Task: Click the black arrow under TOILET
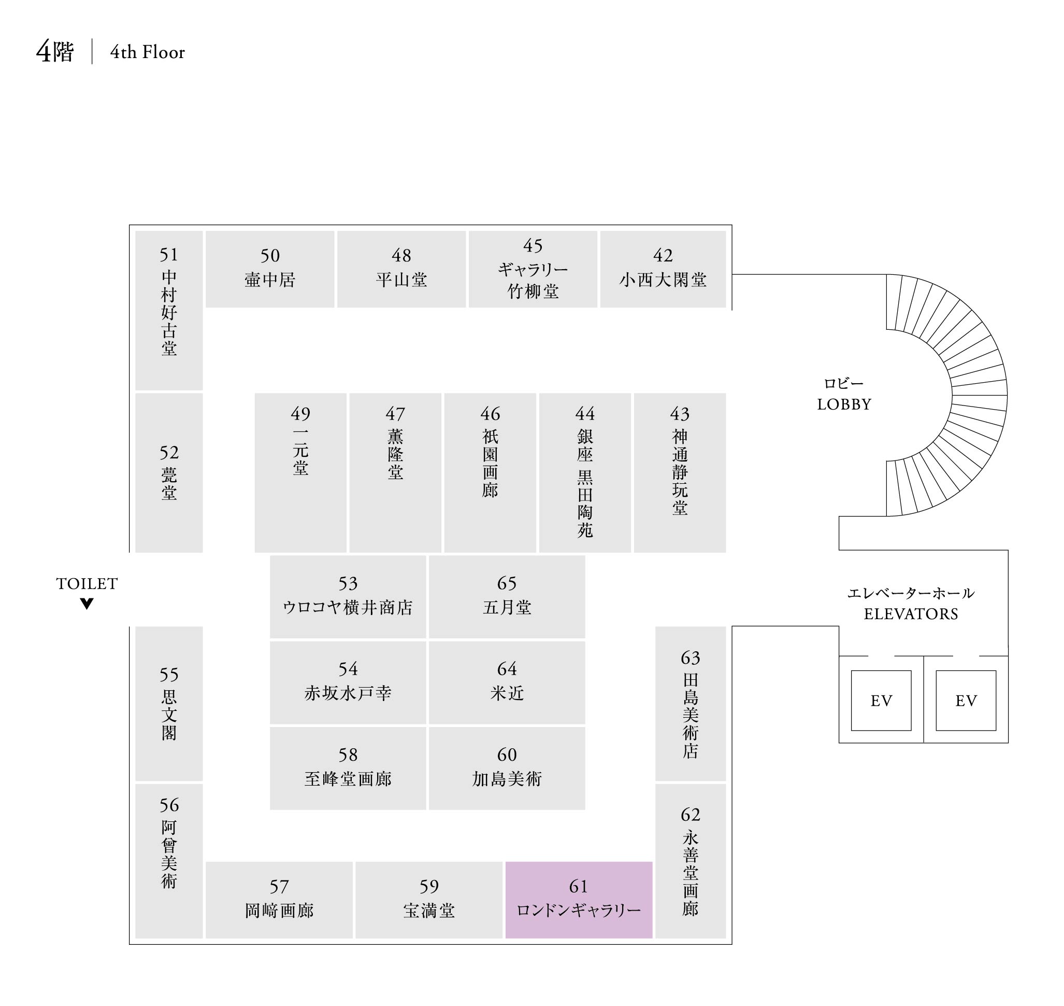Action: click(87, 604)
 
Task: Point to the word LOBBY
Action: click(844, 404)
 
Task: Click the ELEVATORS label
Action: click(911, 614)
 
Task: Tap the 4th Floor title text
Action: click(147, 52)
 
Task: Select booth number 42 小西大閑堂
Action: click(663, 269)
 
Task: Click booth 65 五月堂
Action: click(507, 596)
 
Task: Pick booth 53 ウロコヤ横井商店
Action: click(348, 596)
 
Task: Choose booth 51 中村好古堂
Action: click(169, 310)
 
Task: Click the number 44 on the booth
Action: click(584, 413)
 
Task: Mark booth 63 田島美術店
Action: click(690, 703)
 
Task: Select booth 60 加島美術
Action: click(507, 768)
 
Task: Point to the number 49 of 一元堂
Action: click(300, 413)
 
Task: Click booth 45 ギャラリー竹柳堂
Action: click(533, 269)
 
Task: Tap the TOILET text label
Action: click(87, 583)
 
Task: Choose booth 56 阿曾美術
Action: click(169, 861)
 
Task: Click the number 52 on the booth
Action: click(169, 453)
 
